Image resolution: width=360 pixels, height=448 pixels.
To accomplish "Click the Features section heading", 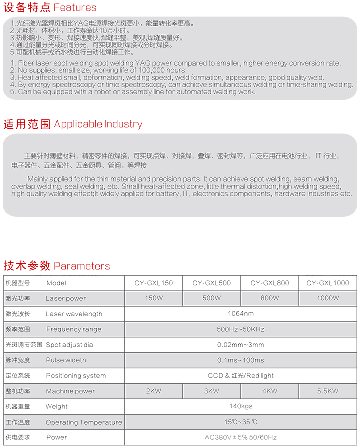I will [x=50, y=8].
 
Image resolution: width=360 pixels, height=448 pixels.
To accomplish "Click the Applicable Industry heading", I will [x=73, y=124].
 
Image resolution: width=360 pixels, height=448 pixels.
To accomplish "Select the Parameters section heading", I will [x=57, y=266].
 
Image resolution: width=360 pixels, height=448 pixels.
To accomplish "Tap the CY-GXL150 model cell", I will [x=153, y=283].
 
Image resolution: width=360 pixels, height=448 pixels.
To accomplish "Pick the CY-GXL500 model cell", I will [x=212, y=283].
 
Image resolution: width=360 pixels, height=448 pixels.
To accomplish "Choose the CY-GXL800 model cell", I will [x=270, y=283].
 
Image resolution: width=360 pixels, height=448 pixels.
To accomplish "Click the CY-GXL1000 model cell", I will [x=328, y=283].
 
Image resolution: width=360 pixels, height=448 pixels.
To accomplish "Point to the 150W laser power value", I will [x=153, y=298].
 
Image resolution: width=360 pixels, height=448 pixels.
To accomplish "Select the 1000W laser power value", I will [x=328, y=298].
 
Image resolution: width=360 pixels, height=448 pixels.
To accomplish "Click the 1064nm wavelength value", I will [x=241, y=314].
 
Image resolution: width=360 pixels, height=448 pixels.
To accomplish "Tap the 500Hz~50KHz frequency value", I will [x=241, y=329].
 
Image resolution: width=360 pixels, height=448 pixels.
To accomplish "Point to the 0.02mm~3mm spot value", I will [x=241, y=345].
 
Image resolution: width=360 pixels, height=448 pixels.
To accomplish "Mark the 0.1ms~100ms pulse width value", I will [x=241, y=360].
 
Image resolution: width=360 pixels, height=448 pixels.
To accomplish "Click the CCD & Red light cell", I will [x=241, y=376].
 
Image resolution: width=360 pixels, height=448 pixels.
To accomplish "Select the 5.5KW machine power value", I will [x=328, y=391].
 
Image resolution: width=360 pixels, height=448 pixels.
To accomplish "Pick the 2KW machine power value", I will [x=153, y=391].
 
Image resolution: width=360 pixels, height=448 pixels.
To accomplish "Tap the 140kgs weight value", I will [x=241, y=407].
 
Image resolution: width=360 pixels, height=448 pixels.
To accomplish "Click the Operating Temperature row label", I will [x=84, y=422].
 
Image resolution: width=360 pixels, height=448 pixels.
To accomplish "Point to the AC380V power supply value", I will [x=241, y=438].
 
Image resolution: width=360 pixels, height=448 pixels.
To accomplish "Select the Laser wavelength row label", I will [x=74, y=314].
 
